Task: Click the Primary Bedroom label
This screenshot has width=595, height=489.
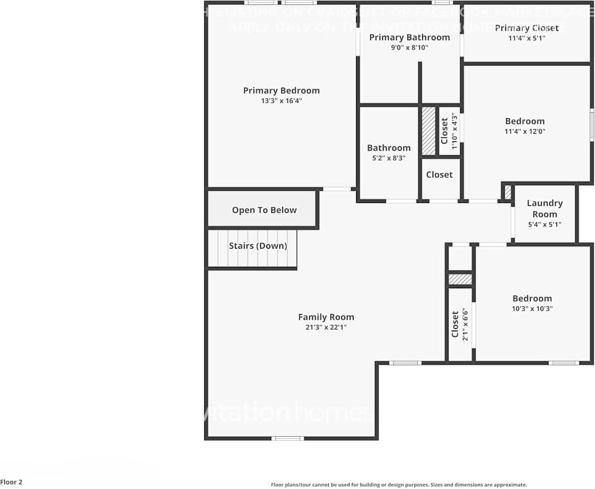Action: point(281,91)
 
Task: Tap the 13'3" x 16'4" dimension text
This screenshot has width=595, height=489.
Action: point(281,101)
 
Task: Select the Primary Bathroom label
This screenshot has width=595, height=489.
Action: point(409,37)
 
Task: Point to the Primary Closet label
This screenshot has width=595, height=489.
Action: point(526,28)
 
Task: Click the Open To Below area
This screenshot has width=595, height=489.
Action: point(264,210)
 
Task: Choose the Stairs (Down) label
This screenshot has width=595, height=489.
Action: point(258,246)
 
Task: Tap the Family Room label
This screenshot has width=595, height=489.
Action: point(326,317)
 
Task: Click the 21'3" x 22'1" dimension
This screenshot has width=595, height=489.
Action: point(326,327)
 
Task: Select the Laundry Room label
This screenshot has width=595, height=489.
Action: point(544,208)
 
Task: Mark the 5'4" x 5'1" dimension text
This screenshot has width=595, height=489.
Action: point(544,224)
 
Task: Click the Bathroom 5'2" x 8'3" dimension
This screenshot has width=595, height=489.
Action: point(389,158)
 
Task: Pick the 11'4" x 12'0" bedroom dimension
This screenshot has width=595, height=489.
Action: point(525,131)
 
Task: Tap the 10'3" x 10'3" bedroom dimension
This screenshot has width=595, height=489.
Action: point(532,309)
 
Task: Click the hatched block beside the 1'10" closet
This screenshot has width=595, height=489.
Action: point(429,130)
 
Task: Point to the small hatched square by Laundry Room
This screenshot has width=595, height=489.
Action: point(507,193)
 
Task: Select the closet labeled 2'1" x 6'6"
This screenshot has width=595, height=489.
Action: point(460,326)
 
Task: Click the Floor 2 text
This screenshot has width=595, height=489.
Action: point(12,482)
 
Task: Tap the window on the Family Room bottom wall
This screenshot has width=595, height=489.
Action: point(288,438)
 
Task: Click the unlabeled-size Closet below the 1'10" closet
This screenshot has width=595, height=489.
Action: point(439,175)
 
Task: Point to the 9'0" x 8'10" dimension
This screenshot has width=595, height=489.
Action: point(409,48)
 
